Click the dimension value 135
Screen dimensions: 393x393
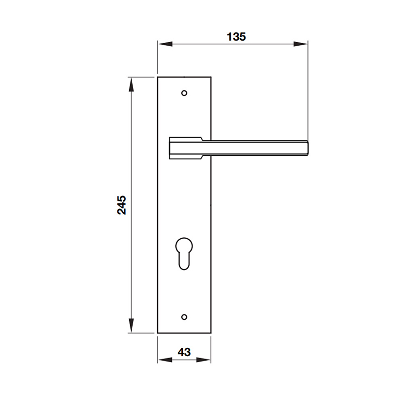click(x=236, y=36)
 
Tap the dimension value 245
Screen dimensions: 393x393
click(x=122, y=205)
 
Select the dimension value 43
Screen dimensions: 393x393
click(x=184, y=352)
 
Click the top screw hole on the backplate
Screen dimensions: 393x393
click(x=184, y=92)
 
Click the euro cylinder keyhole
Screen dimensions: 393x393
click(x=184, y=253)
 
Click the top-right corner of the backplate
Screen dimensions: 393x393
click(x=211, y=77)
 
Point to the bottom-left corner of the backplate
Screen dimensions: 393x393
click(x=158, y=333)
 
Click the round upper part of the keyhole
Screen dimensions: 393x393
click(x=184, y=245)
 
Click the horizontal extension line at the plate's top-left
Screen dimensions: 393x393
click(x=142, y=77)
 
